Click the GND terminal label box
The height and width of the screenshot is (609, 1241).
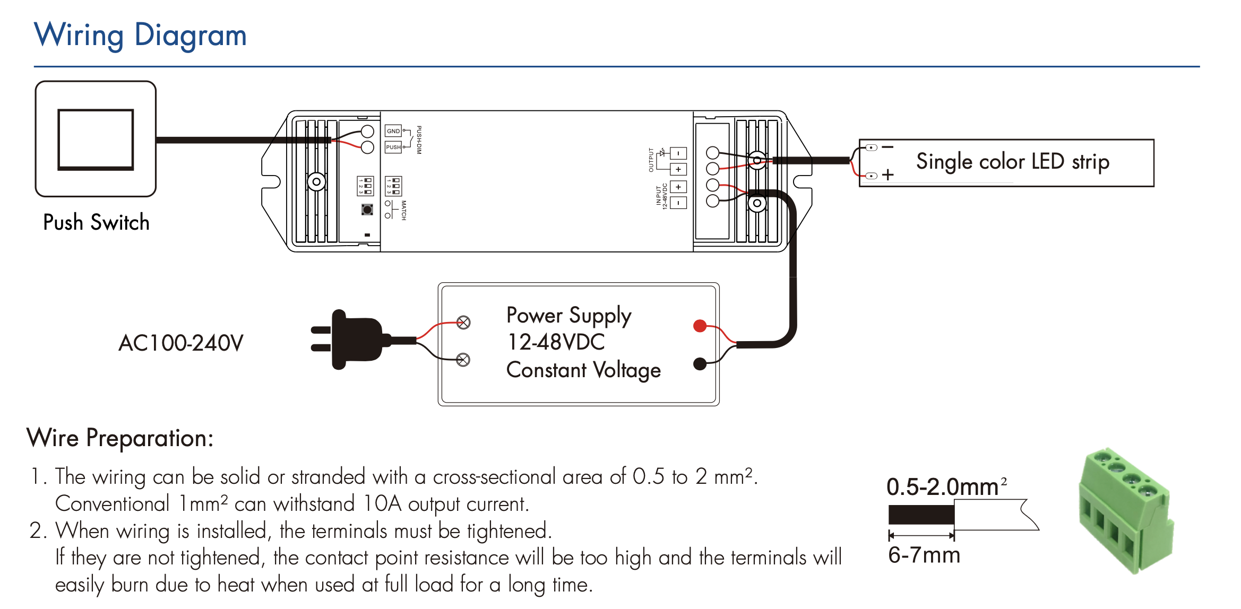(x=393, y=131)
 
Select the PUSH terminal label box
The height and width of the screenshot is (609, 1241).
(x=393, y=147)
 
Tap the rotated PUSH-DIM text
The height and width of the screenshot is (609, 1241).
(x=419, y=140)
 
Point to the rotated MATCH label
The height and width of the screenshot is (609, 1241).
(x=403, y=210)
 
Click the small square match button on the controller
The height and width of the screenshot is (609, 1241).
(x=367, y=210)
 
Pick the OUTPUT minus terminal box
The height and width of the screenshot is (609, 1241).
(x=678, y=153)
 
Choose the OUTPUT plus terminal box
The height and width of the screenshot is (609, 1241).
(x=678, y=169)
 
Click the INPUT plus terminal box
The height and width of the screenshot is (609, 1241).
(x=678, y=187)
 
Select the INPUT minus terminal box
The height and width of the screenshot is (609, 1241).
(x=678, y=203)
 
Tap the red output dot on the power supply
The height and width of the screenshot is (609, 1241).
(x=700, y=326)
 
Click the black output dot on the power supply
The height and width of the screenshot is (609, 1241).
(x=700, y=364)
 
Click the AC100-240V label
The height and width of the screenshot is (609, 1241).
(x=180, y=343)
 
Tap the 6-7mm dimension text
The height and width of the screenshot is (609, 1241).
(x=924, y=555)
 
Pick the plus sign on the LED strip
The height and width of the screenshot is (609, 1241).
(x=887, y=175)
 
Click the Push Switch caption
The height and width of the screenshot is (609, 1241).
(x=96, y=222)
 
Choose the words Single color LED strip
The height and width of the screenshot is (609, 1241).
(x=1012, y=161)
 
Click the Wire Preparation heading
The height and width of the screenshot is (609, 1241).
(x=120, y=438)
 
